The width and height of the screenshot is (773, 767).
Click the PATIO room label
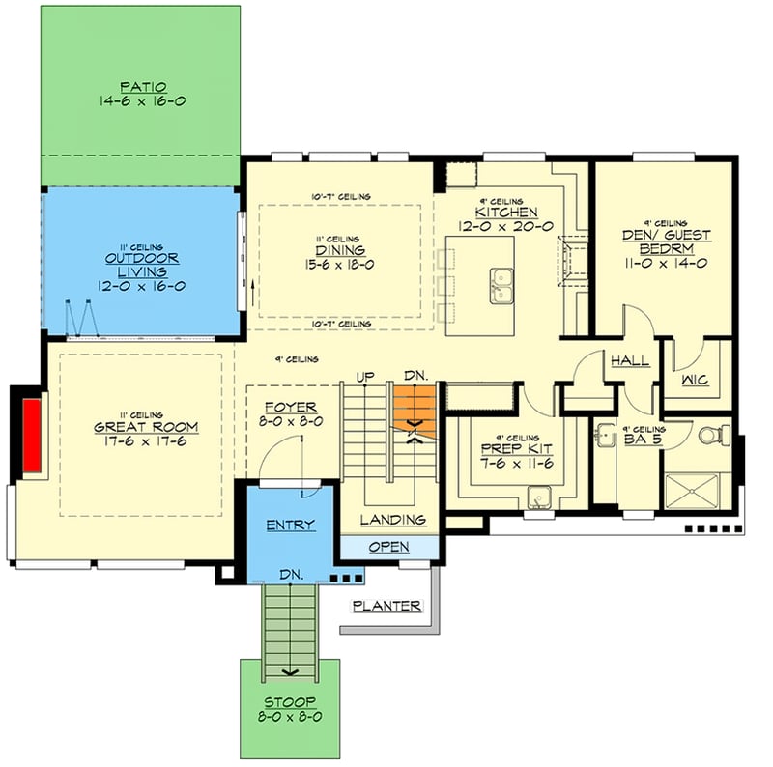141,86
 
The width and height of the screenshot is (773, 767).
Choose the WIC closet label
695,381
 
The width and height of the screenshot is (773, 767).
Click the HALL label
628,361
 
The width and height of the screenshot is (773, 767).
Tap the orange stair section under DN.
415,404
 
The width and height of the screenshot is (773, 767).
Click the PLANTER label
386,607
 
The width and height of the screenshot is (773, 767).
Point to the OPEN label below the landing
388,547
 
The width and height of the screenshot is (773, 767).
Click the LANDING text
393,520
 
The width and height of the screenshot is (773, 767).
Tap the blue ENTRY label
290,525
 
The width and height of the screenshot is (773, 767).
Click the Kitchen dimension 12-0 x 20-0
506,226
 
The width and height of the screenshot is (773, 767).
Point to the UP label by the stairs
366,377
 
